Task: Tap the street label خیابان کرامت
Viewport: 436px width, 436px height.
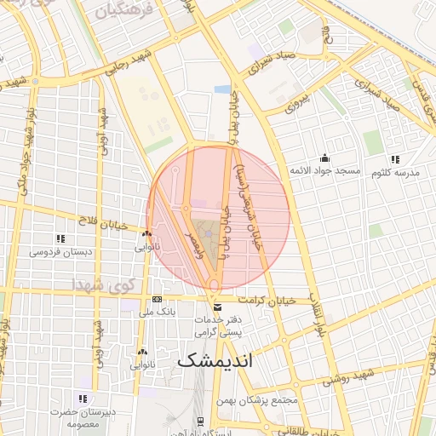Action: (267, 300)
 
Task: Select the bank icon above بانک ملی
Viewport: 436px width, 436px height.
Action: (157, 300)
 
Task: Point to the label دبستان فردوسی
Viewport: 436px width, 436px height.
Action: (61, 252)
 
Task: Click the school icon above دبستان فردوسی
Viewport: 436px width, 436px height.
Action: (60, 238)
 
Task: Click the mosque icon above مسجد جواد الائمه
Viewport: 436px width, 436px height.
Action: (324, 158)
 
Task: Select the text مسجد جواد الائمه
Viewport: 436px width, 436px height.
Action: (324, 171)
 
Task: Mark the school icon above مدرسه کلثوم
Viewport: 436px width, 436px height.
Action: (394, 158)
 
